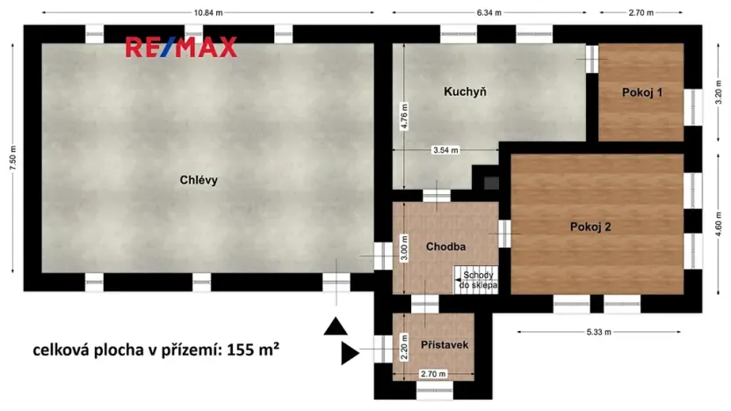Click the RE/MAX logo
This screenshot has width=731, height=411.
pyautogui.click(x=181, y=47)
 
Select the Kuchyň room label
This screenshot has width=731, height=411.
pyautogui.click(x=465, y=92)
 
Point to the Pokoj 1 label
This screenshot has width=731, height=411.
pyautogui.click(x=641, y=92)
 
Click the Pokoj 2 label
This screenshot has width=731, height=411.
pyautogui.click(x=590, y=227)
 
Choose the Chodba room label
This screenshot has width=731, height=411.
pyautogui.click(x=445, y=247)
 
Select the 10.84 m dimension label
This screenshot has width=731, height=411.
pyautogui.click(x=207, y=12)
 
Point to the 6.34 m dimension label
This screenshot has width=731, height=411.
pyautogui.click(x=489, y=12)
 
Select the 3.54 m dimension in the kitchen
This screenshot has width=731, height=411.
pyautogui.click(x=445, y=150)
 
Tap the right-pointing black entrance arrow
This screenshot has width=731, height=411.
pyautogui.click(x=351, y=354)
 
